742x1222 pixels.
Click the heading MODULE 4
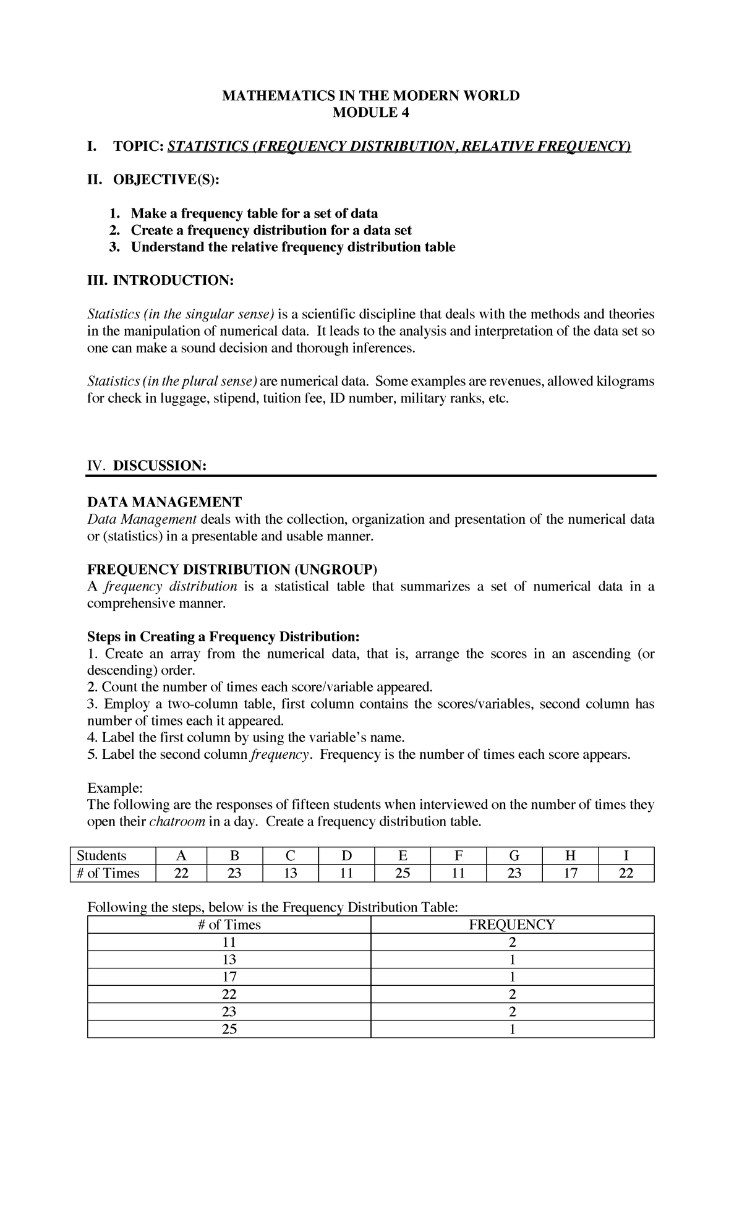tap(371, 113)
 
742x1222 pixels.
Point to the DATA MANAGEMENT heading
tap(164, 502)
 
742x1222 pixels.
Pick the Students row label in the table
tap(102, 856)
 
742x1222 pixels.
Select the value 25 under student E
tap(402, 873)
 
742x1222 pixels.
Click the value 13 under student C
tap(290, 873)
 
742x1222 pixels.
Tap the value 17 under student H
tap(569, 873)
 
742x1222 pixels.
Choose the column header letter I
tap(626, 856)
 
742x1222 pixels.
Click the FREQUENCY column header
tap(512, 925)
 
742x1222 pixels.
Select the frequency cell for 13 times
tap(512, 960)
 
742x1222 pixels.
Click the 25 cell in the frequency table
tap(229, 1029)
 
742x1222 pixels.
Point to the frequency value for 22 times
tap(512, 994)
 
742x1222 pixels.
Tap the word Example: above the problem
tap(115, 788)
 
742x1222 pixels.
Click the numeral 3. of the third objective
tap(114, 247)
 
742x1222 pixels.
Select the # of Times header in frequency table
tap(229, 925)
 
